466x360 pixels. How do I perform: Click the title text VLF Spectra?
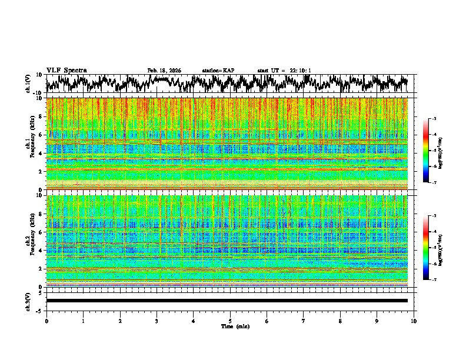pos(66,71)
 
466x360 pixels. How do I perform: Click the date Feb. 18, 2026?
pos(164,71)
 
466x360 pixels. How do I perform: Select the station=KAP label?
pos(218,71)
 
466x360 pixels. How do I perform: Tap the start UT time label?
pos(284,71)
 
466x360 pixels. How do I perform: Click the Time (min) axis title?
pos(235,326)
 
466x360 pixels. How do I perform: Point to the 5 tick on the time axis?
pos(230,321)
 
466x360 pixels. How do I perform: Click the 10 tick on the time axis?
pos(414,321)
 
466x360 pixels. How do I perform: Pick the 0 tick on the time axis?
pos(46,321)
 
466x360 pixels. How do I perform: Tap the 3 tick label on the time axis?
pos(157,321)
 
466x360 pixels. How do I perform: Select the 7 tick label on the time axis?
pos(304,321)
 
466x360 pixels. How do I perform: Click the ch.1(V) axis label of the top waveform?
pos(28,84)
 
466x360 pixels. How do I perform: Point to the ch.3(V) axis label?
pos(28,301)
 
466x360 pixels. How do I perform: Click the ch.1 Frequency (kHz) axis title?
pos(31,143)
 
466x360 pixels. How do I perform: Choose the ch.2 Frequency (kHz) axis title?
pos(31,239)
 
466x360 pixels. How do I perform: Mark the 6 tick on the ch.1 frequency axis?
pos(42,135)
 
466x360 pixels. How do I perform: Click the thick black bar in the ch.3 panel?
pos(227,301)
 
